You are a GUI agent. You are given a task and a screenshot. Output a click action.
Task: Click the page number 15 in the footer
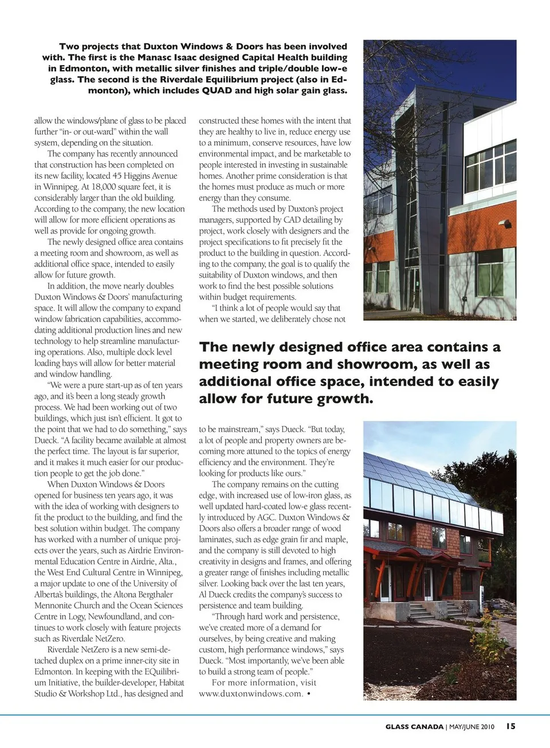click(510, 726)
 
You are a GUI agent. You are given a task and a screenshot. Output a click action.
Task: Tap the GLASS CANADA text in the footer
click(414, 727)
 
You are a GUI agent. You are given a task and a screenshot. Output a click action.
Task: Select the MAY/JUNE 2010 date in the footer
click(472, 727)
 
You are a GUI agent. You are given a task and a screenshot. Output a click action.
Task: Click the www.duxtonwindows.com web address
click(250, 694)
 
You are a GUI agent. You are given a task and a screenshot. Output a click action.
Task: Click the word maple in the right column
click(335, 540)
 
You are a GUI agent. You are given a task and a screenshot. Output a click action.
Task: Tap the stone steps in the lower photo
click(427, 612)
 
